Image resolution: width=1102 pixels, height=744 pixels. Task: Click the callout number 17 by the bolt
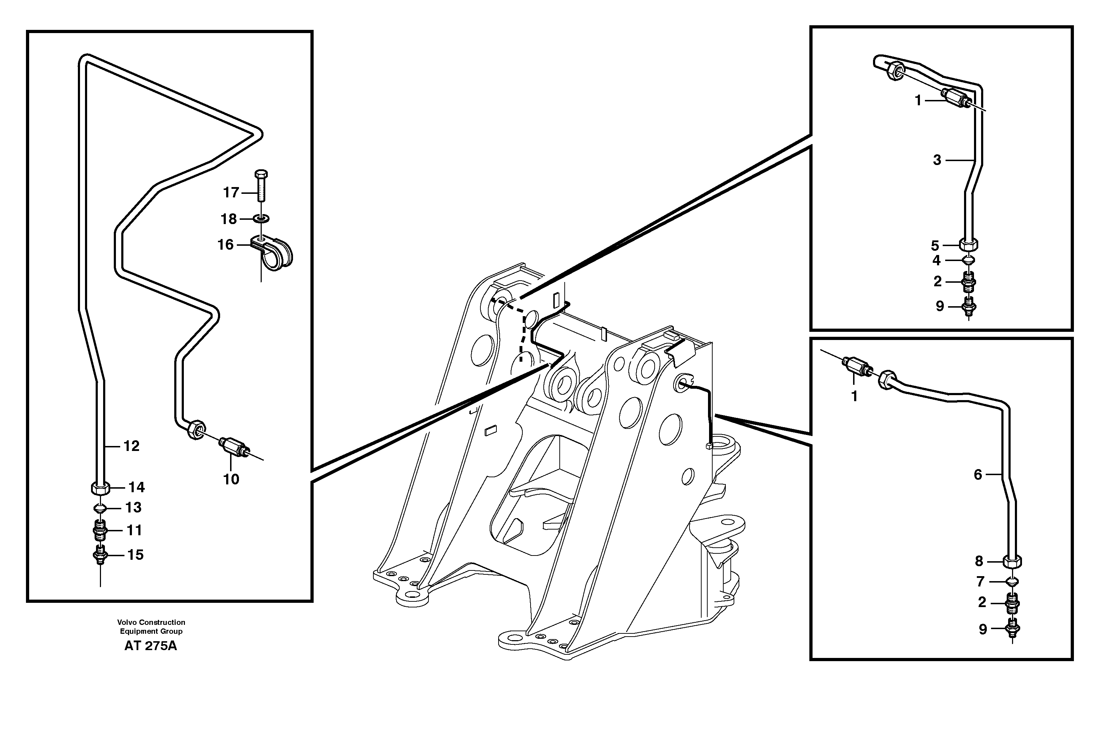pyautogui.click(x=231, y=192)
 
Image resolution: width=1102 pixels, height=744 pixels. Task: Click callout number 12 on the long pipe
pyautogui.click(x=131, y=446)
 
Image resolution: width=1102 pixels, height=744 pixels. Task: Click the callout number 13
pyautogui.click(x=133, y=507)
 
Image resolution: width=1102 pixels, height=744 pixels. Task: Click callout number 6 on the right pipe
pyautogui.click(x=978, y=474)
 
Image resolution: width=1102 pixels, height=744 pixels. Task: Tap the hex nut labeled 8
pyautogui.click(x=1012, y=562)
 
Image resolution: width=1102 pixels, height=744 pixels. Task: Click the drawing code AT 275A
pyautogui.click(x=150, y=646)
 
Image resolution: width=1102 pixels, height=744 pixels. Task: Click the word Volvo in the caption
pyautogui.click(x=128, y=622)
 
